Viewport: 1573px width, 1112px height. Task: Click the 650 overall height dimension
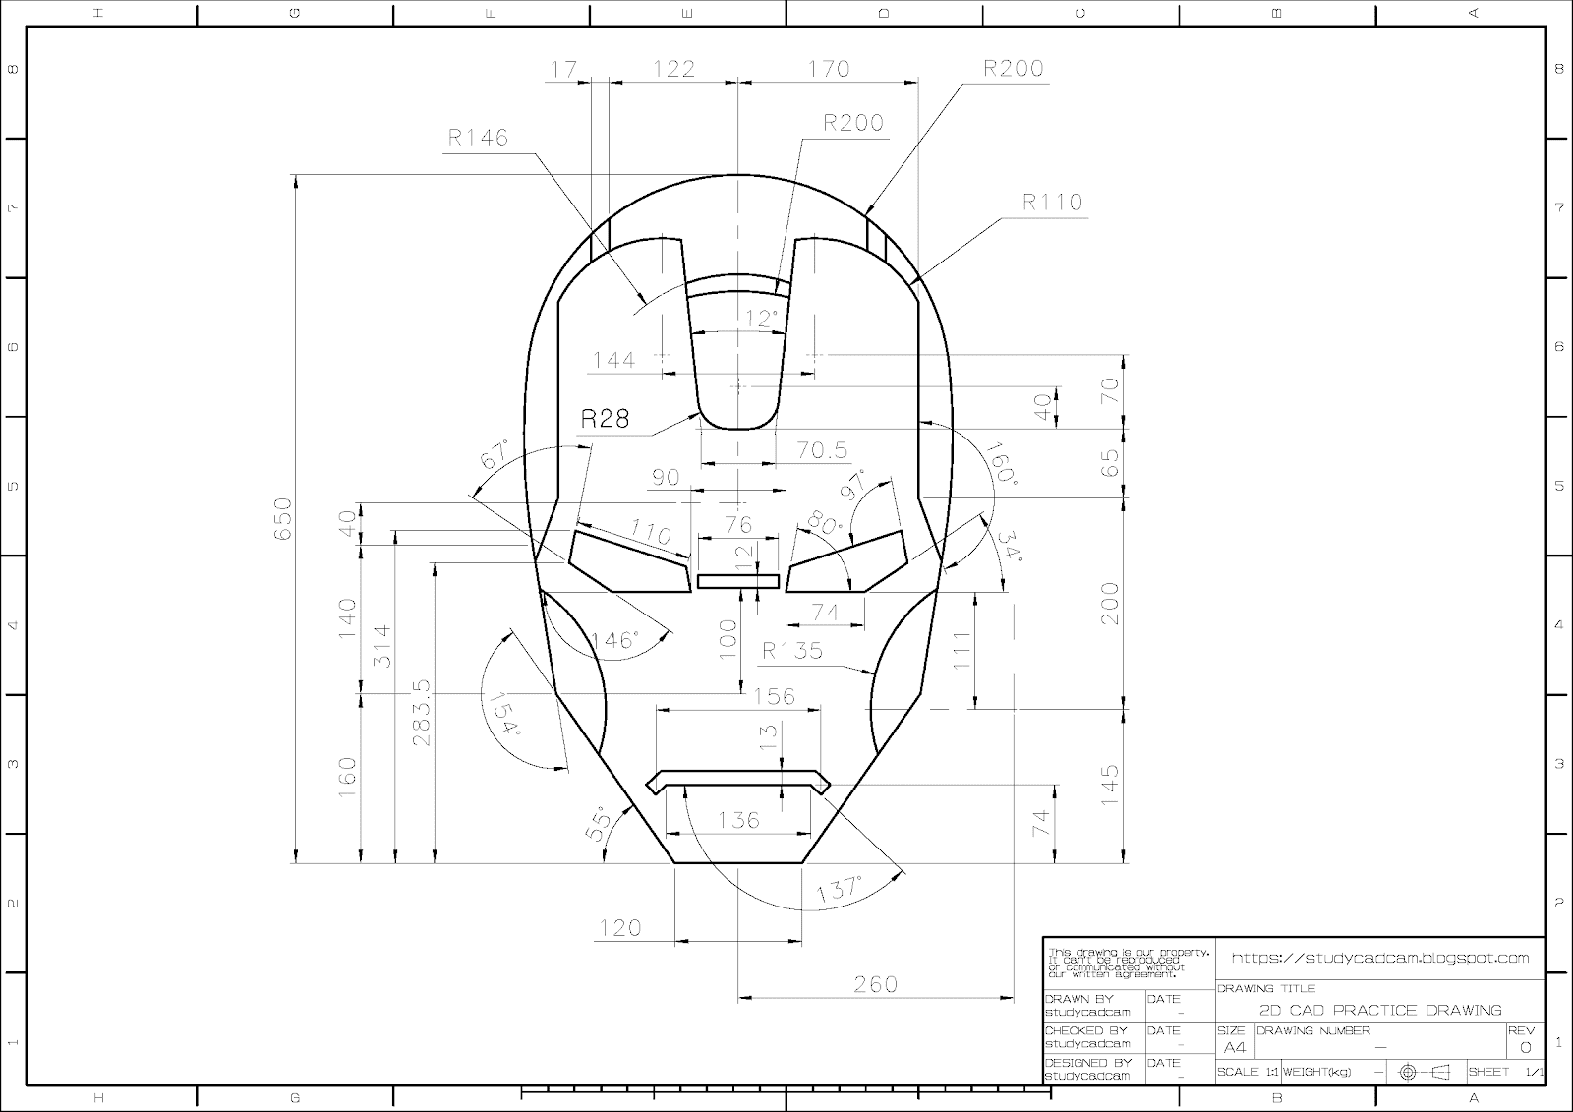pyautogui.click(x=283, y=518)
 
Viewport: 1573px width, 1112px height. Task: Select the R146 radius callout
pyautogui.click(x=478, y=138)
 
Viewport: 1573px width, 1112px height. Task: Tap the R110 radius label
pyautogui.click(x=1052, y=203)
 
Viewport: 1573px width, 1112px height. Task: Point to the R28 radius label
pyautogui.click(x=604, y=419)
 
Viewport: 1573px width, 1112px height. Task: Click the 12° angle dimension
pyautogui.click(x=761, y=319)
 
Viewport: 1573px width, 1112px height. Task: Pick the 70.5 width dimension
pyautogui.click(x=822, y=450)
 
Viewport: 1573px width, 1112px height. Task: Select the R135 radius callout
pyautogui.click(x=792, y=651)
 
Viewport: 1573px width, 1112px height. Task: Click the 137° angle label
pyautogui.click(x=838, y=890)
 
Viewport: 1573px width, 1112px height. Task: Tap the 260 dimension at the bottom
pyautogui.click(x=875, y=984)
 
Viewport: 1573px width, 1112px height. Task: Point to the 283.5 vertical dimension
pyautogui.click(x=422, y=713)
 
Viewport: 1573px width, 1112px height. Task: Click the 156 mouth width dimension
pyautogui.click(x=773, y=696)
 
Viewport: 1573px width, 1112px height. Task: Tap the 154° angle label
pyautogui.click(x=500, y=713)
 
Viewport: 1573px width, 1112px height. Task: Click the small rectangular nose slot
pyautogui.click(x=737, y=581)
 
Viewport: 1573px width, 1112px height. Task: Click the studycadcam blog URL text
pyautogui.click(x=1380, y=958)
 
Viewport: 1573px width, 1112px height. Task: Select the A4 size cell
pyautogui.click(x=1234, y=1047)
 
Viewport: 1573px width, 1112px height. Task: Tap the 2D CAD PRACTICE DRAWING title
pyautogui.click(x=1380, y=1010)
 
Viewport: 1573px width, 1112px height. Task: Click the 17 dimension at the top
pyautogui.click(x=563, y=69)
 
